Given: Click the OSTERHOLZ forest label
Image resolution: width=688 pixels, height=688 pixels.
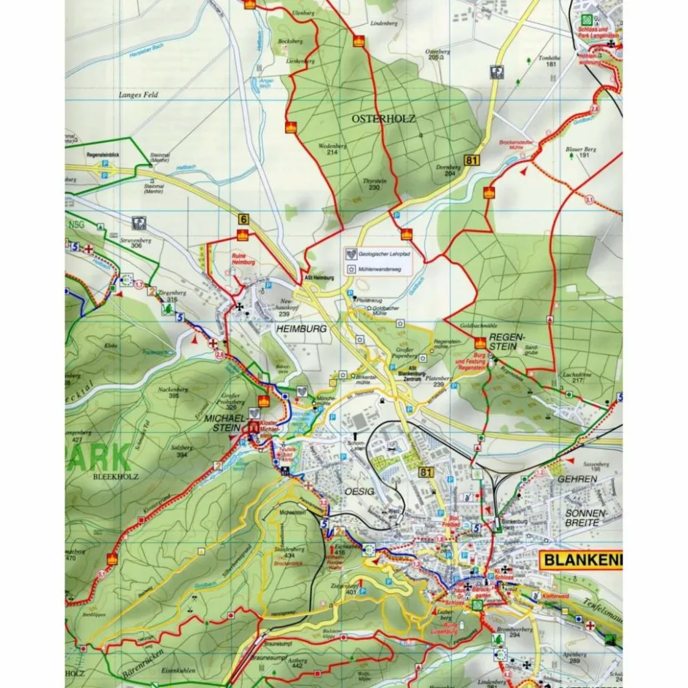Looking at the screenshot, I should (378, 117).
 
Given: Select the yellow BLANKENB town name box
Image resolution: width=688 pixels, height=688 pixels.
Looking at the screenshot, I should (581, 560).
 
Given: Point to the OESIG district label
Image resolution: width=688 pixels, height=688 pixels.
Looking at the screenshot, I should (359, 492).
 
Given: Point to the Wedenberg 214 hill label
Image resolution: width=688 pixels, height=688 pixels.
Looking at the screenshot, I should (332, 149).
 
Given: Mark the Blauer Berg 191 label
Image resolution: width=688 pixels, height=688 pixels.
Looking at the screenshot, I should (581, 152).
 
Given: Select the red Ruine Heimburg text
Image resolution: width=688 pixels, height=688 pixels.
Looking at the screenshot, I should (243, 259).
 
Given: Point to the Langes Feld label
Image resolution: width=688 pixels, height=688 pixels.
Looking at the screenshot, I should (138, 95).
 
